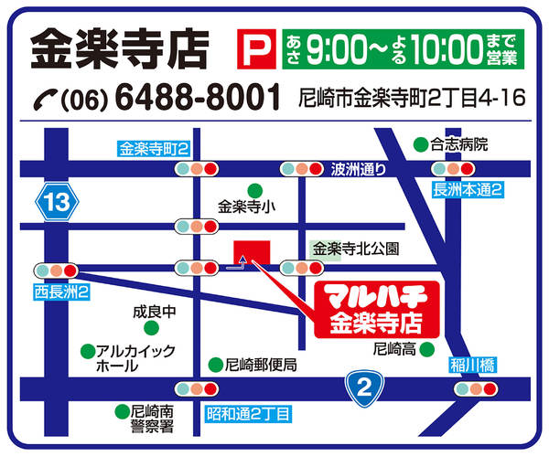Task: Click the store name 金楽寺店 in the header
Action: [x=119, y=49]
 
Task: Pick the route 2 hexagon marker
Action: [x=363, y=388]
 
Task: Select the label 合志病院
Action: [x=461, y=143]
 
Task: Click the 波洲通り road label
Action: [x=359, y=168]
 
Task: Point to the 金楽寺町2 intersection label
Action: [x=153, y=148]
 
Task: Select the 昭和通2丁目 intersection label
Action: [x=248, y=412]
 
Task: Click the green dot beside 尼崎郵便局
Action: [x=215, y=364]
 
